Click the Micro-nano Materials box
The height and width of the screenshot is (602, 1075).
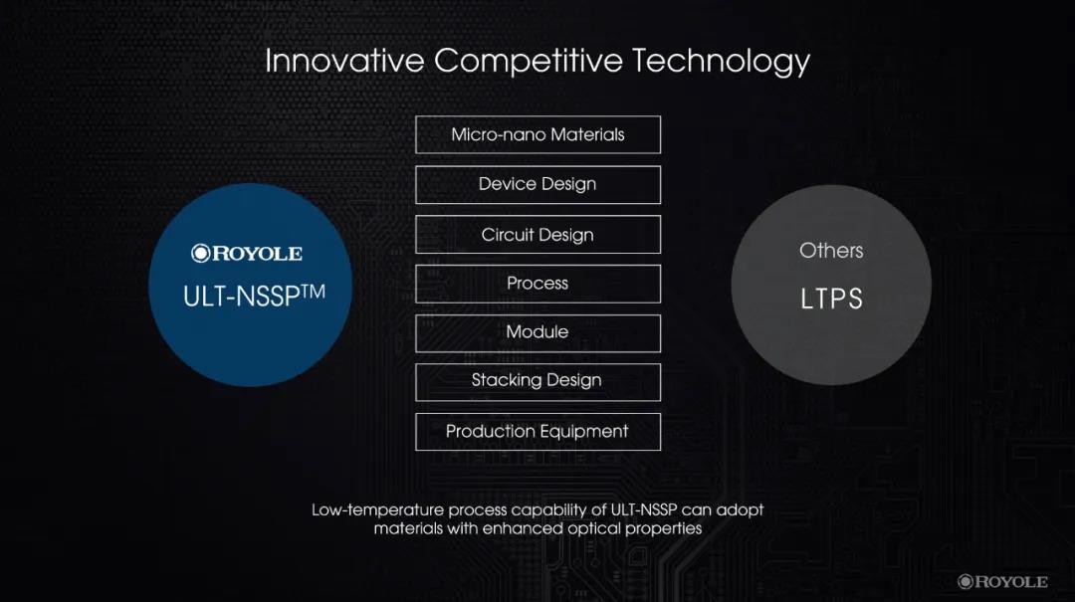point(538,135)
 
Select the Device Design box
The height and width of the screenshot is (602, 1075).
point(538,184)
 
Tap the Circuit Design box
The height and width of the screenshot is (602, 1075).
point(538,235)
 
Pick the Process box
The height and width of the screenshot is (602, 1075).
point(538,284)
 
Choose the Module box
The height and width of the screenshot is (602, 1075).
point(538,333)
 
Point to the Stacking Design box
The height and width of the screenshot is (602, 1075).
point(538,382)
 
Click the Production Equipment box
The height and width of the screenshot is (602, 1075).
point(538,431)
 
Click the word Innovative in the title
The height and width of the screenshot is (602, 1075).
point(344,61)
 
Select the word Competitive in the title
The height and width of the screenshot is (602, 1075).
point(528,62)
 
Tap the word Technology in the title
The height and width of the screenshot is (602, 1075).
point(721,62)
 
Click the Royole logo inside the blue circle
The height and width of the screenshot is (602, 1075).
point(247,254)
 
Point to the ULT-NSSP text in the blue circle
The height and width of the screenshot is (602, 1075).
point(241,297)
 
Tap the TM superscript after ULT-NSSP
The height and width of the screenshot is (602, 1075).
point(313,292)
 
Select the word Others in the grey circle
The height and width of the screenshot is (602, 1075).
point(831,251)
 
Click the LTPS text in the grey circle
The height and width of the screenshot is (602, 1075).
point(831,299)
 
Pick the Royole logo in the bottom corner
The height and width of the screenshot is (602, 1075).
point(1002,582)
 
